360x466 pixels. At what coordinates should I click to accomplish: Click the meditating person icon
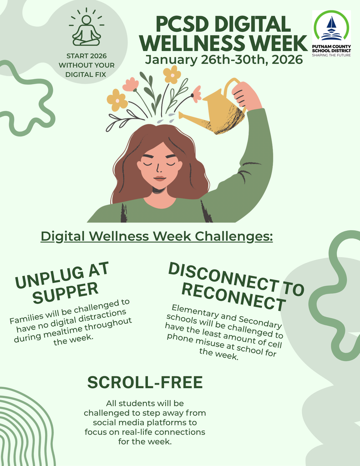pyautogui.click(x=86, y=28)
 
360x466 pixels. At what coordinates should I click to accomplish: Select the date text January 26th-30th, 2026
pyautogui.click(x=223, y=60)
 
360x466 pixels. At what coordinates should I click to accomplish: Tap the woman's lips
pyautogui.click(x=159, y=178)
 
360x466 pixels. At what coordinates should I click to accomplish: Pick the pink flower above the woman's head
pyautogui.click(x=131, y=85)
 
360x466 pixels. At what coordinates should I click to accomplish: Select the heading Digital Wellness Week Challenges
pyautogui.click(x=157, y=237)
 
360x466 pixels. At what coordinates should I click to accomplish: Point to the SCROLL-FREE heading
pyautogui.click(x=145, y=383)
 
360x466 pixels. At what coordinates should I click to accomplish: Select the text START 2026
pyautogui.click(x=86, y=56)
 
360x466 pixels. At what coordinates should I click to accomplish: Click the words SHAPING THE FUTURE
pyautogui.click(x=331, y=55)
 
